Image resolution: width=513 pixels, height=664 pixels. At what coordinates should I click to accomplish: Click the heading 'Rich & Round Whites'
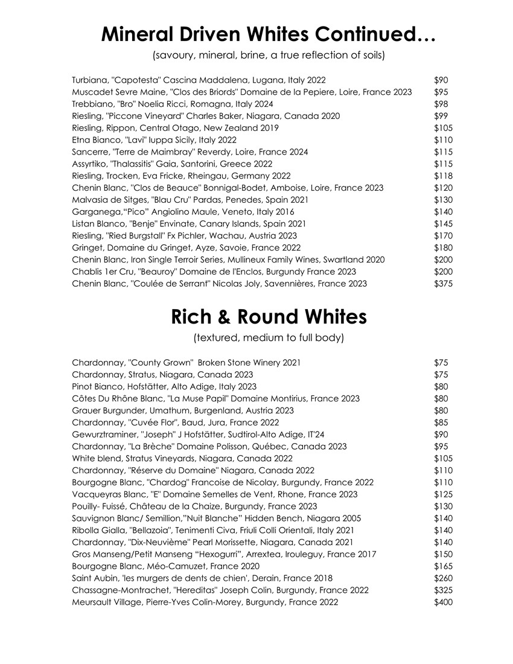(x=269, y=316)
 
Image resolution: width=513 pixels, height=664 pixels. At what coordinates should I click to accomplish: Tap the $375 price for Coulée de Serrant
(x=443, y=284)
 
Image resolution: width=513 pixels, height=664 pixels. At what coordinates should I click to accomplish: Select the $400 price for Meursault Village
(x=443, y=602)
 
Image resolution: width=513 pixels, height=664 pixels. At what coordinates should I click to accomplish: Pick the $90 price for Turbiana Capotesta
(x=441, y=80)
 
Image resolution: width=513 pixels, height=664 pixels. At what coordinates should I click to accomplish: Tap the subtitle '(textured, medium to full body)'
(x=269, y=338)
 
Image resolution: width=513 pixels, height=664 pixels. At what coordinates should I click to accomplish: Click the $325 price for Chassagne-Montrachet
(x=443, y=590)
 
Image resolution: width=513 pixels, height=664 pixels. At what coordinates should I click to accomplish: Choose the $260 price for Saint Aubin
(x=443, y=578)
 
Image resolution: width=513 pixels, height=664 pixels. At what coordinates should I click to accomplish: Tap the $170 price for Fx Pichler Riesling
(x=443, y=235)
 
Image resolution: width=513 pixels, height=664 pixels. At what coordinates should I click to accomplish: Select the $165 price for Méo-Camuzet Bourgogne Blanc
(x=443, y=566)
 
